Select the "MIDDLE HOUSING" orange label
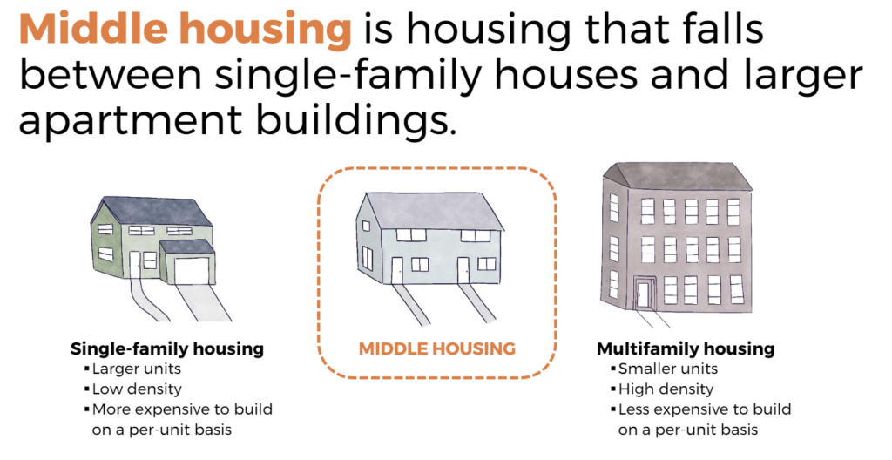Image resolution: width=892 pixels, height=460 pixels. pyautogui.click(x=436, y=348)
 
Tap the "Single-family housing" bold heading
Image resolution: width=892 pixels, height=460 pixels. pyautogui.click(x=166, y=348)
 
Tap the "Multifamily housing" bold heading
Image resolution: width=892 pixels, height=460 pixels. pyautogui.click(x=685, y=348)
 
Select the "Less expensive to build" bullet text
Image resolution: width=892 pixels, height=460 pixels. pyautogui.click(x=704, y=409)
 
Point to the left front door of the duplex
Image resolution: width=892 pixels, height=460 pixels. pyautogui.click(x=397, y=269)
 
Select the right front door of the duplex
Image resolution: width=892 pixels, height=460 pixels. pyautogui.click(x=463, y=269)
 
